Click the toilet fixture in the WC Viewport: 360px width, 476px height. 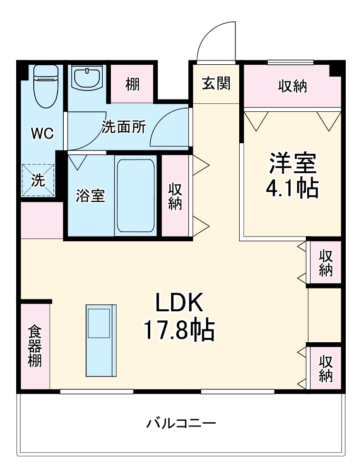coord(46,86)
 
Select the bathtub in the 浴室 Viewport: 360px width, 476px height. coord(136,195)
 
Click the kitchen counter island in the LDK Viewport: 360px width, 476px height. coord(100,340)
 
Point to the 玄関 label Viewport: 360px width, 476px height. coord(216,83)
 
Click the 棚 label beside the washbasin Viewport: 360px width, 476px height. coord(133,85)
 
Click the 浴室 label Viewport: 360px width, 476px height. coord(90,196)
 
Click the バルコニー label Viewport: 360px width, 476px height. coord(181,423)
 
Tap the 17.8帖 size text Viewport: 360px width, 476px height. coord(179,329)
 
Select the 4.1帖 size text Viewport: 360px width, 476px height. coord(292,189)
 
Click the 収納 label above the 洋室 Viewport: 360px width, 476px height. coord(292,87)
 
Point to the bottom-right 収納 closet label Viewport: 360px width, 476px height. coord(325,368)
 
